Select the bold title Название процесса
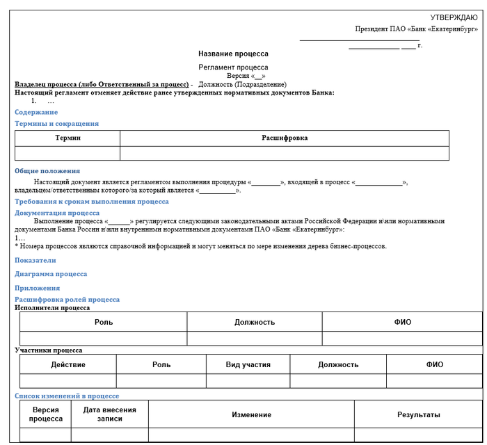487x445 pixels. (233, 54)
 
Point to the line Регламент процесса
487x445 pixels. (233, 67)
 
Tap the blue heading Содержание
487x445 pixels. (36, 112)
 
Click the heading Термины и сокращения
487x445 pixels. (57, 124)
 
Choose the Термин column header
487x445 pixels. (68, 138)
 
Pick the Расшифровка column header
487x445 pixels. (285, 138)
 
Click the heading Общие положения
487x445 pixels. (47, 171)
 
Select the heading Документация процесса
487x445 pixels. (57, 213)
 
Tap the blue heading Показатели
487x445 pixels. (35, 260)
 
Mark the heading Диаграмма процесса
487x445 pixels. (51, 274)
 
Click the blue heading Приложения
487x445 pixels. (38, 288)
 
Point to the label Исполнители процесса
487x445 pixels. (52, 307)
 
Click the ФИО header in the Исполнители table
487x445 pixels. (403, 322)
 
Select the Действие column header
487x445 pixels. (68, 364)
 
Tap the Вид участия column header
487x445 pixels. (248, 364)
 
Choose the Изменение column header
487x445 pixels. (251, 415)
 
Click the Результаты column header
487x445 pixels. (419, 415)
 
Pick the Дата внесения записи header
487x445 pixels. (110, 414)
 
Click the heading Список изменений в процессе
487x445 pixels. (67, 396)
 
